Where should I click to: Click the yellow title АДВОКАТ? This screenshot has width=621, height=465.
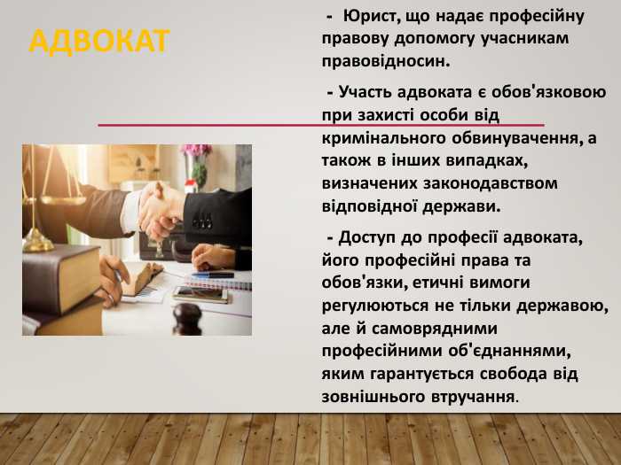pos(98,40)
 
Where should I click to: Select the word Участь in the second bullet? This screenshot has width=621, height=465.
pos(363,91)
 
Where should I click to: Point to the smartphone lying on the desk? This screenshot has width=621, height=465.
pos(199,293)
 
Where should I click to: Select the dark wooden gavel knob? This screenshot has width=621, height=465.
pos(187,314)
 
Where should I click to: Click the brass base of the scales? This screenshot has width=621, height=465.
pos(38,239)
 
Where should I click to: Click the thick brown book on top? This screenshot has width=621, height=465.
pos(60,274)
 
